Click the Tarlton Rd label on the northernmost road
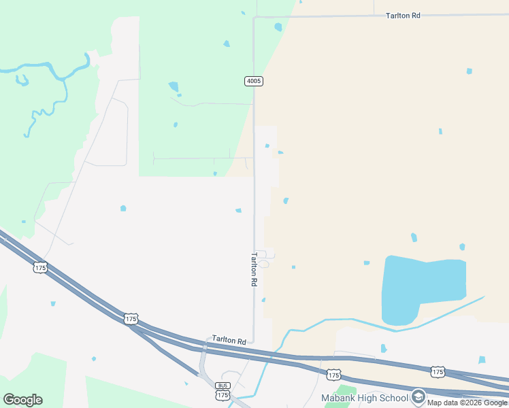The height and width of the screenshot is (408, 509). (x=403, y=15)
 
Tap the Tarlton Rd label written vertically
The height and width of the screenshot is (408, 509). (x=255, y=269)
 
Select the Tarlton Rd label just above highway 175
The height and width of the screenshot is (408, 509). (x=229, y=339)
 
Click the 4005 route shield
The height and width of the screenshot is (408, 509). (x=253, y=81)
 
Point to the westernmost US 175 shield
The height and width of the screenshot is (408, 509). (x=40, y=268)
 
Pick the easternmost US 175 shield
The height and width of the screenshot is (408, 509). (x=438, y=371)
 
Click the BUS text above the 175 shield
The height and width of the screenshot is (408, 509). (x=223, y=386)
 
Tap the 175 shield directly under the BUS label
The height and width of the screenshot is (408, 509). (x=223, y=395)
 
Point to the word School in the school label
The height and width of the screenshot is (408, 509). (x=394, y=398)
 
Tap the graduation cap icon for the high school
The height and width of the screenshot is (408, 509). (x=418, y=397)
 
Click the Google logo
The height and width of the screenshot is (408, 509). (x=22, y=400)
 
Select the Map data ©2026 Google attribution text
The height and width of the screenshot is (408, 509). (x=467, y=403)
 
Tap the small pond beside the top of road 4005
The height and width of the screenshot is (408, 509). (x=278, y=27)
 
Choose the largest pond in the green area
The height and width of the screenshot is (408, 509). (x=174, y=86)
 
